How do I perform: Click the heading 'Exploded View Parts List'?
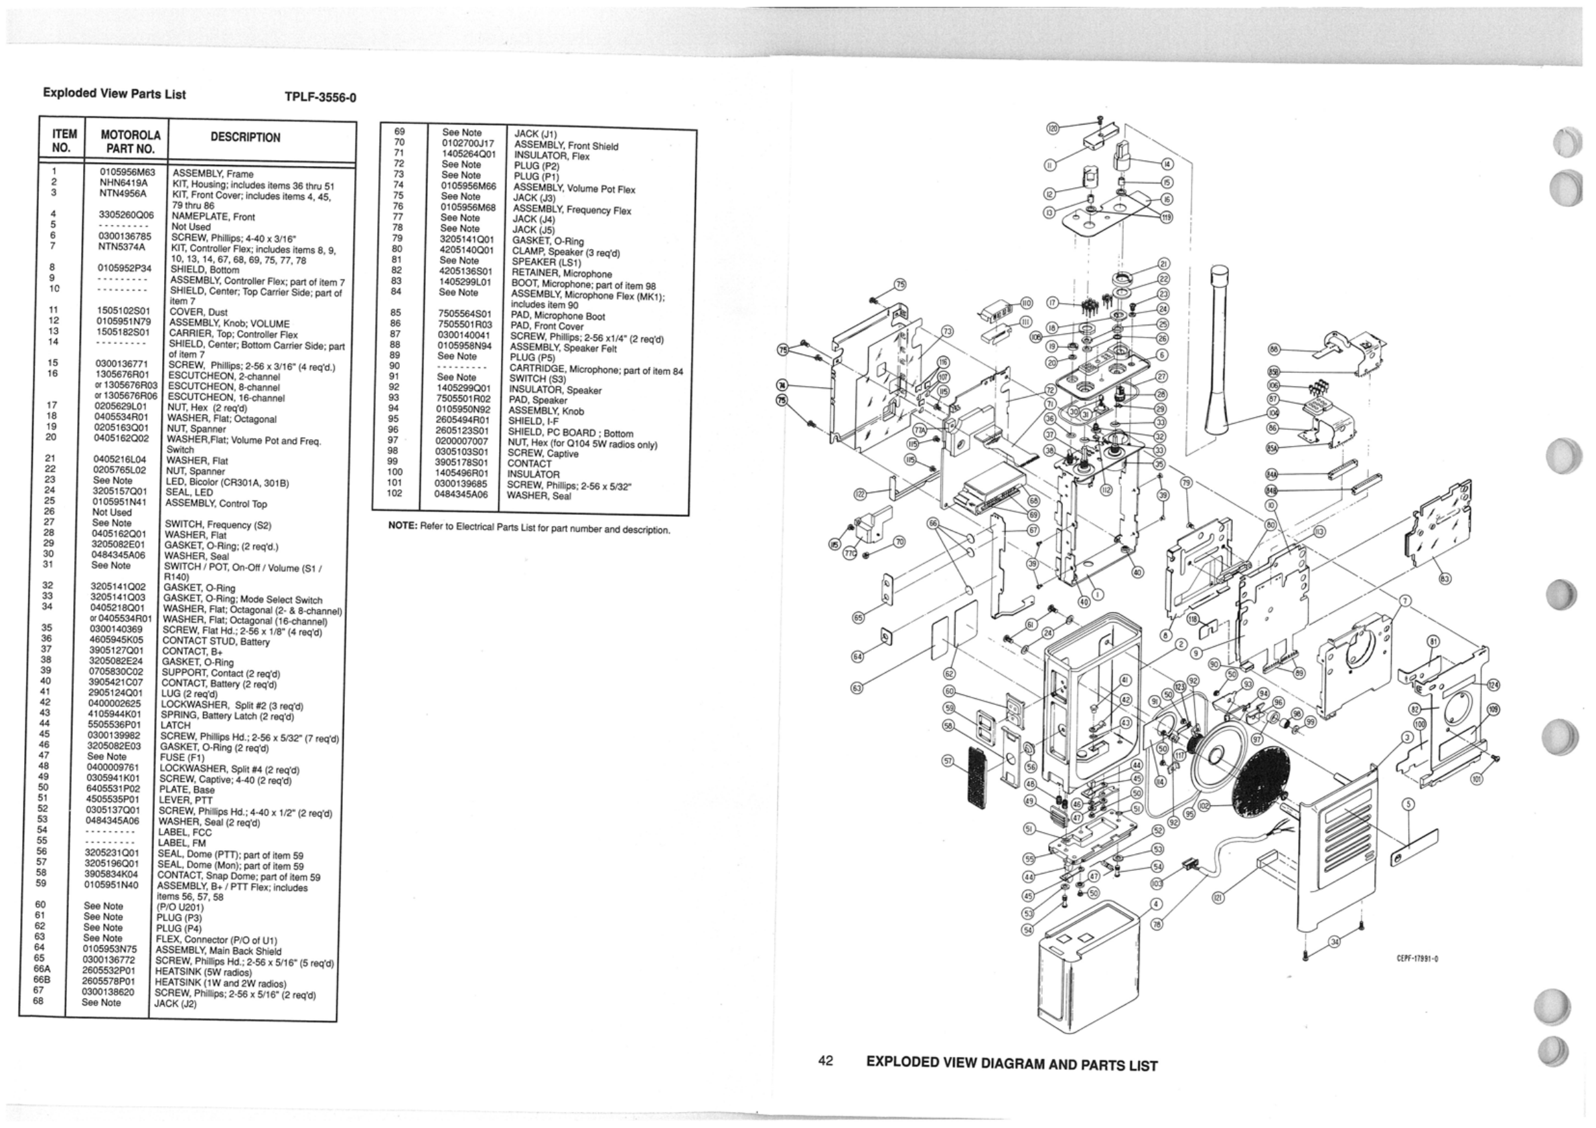coord(114,94)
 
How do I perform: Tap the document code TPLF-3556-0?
coord(320,97)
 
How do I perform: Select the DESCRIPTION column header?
coord(245,138)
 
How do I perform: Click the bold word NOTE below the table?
coord(403,526)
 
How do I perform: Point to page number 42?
coord(826,1060)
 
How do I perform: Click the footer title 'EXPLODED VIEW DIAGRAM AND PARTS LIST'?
coord(1011,1065)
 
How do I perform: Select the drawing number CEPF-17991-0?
coord(1417,960)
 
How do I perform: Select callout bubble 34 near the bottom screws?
coord(1333,942)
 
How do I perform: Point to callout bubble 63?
coord(857,688)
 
